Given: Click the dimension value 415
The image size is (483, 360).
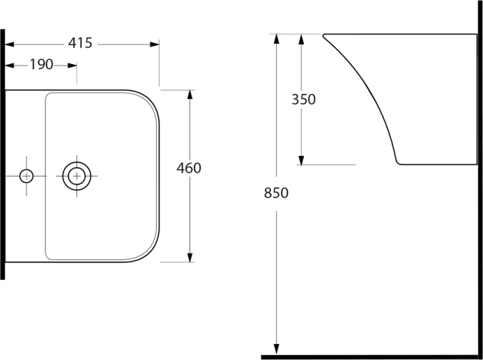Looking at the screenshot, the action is pyautogui.click(x=80, y=43).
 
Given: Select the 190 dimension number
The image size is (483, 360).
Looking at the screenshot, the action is pyautogui.click(x=42, y=64).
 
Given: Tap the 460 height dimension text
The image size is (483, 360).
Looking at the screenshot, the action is pyautogui.click(x=189, y=168).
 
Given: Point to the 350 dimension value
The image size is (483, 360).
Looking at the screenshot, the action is pyautogui.click(x=303, y=100).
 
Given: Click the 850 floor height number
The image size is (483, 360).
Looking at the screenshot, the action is pyautogui.click(x=276, y=193).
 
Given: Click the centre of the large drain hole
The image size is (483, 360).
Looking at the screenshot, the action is pyautogui.click(x=76, y=176).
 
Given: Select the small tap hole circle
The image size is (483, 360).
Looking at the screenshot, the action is pyautogui.click(x=26, y=176).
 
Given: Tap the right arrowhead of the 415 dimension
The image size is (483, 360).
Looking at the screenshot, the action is pyautogui.click(x=155, y=45).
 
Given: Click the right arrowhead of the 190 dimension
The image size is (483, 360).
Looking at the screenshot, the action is pyautogui.click(x=72, y=65).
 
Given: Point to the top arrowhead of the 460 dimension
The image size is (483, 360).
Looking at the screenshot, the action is pyautogui.click(x=190, y=95).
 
